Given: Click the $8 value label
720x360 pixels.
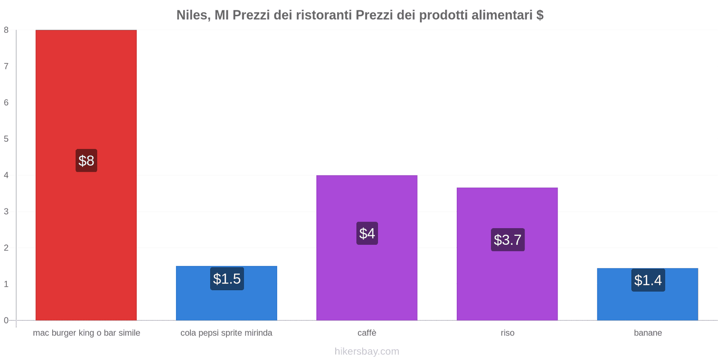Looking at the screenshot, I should pos(86,161).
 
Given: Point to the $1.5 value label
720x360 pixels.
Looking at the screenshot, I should pos(227,279).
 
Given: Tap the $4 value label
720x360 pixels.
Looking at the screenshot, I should pos(367,234).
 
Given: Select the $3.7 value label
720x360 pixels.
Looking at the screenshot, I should pos(508,240).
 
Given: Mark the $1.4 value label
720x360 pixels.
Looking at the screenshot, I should pos(648,280).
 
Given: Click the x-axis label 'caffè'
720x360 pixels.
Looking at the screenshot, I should pos(367,333).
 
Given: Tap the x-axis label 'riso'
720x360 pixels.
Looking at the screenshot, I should pos(507,333).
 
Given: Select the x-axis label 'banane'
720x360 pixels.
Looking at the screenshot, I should pos(648,333).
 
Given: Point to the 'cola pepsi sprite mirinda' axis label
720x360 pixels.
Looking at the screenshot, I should pos(226,333).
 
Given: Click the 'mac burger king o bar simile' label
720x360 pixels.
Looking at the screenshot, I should pos(86,333).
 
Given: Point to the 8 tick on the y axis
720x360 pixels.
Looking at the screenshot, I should pos(6,30).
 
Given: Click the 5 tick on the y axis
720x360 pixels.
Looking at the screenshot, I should pos(6,139).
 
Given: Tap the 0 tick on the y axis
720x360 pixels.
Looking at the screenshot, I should pos(6,320).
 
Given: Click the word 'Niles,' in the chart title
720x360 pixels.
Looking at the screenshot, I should pos(193,15).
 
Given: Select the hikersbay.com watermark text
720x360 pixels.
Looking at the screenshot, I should pos(367,351).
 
